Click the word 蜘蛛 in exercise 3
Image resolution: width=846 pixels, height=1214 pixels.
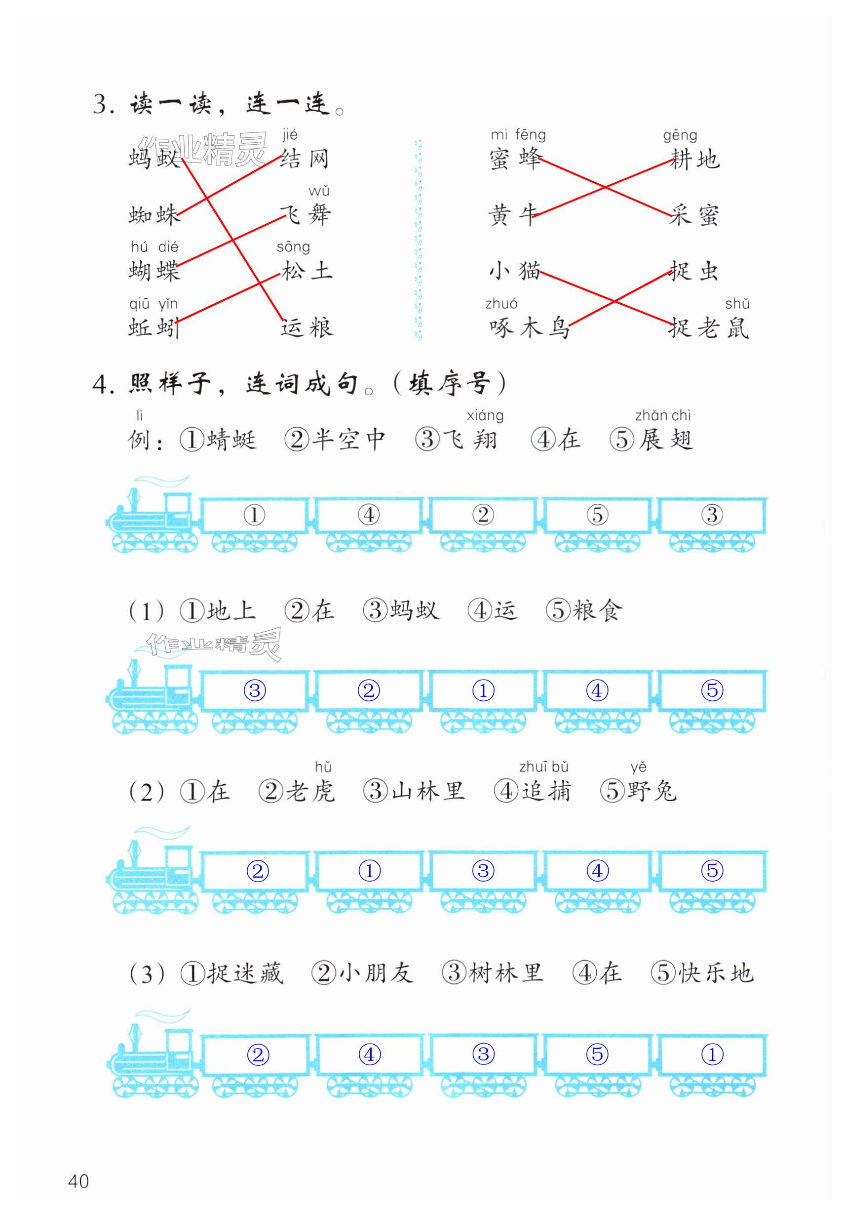(x=154, y=215)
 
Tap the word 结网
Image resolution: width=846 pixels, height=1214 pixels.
(x=305, y=159)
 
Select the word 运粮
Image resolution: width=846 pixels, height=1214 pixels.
(x=307, y=327)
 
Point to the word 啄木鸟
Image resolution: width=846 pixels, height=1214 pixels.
(x=529, y=327)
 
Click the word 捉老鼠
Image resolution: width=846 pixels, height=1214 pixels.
(x=708, y=327)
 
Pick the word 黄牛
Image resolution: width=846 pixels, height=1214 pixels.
(x=512, y=215)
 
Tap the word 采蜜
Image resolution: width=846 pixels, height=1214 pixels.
(x=694, y=215)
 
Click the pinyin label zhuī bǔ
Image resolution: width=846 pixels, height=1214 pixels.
(x=543, y=767)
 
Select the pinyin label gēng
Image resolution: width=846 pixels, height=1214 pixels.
(x=680, y=135)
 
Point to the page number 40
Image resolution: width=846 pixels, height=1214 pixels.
(x=78, y=1181)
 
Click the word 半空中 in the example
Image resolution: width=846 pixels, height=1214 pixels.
(x=348, y=440)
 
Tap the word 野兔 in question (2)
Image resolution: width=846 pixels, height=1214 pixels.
(x=652, y=792)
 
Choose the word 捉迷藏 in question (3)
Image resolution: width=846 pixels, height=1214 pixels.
(x=245, y=973)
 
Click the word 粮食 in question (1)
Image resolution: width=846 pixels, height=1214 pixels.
(x=598, y=610)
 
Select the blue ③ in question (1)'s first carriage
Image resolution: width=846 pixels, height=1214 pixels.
(x=255, y=690)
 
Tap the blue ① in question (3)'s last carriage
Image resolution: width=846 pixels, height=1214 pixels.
(x=712, y=1054)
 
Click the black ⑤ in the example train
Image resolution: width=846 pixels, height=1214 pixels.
(x=597, y=515)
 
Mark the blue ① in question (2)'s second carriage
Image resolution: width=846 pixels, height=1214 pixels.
(x=369, y=871)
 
